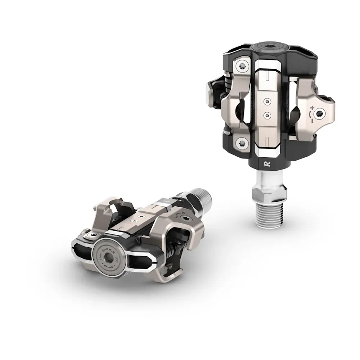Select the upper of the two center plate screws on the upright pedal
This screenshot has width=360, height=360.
coord(267,102)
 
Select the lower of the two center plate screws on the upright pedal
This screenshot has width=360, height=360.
coord(267,114)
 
